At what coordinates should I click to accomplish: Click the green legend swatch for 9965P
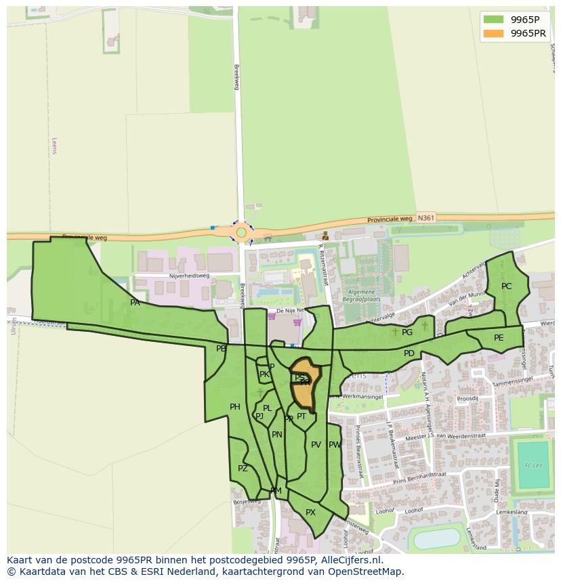pyautogui.click(x=494, y=19)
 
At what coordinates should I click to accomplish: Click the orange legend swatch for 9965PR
pyautogui.click(x=494, y=33)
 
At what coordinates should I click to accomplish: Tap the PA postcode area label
pyautogui.click(x=135, y=303)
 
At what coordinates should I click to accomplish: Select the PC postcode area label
pyautogui.click(x=506, y=286)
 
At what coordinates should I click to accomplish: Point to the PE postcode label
pyautogui.click(x=499, y=338)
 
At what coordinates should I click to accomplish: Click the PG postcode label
pyautogui.click(x=407, y=332)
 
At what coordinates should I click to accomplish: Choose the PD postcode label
pyautogui.click(x=409, y=353)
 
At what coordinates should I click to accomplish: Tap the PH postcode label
pyautogui.click(x=234, y=407)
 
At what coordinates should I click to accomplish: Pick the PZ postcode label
pyautogui.click(x=243, y=469)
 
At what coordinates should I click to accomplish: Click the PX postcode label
pyautogui.click(x=310, y=513)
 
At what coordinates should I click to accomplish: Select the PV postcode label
pyautogui.click(x=316, y=445)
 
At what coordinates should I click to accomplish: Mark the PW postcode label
pyautogui.click(x=335, y=445)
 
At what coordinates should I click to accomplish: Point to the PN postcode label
pyautogui.click(x=276, y=435)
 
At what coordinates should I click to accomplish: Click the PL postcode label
pyautogui.click(x=267, y=408)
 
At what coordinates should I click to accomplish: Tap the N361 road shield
pyautogui.click(x=425, y=217)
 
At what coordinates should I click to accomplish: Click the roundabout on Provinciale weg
pyautogui.click(x=241, y=232)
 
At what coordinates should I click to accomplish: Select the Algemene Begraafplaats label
pyautogui.click(x=361, y=295)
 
